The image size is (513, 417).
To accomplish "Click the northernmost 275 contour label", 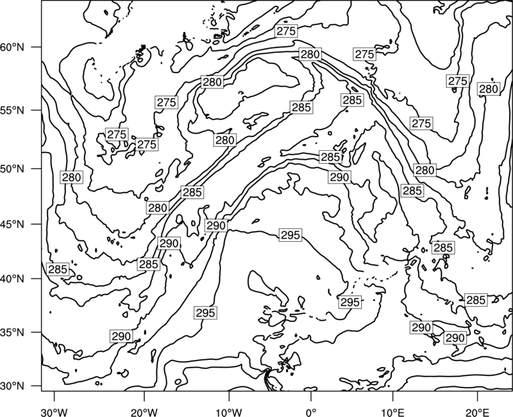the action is (286, 31).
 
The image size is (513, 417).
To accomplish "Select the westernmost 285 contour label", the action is (58, 269).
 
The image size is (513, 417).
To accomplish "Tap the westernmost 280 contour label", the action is (71, 178).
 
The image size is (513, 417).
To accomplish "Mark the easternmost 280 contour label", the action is (489, 89).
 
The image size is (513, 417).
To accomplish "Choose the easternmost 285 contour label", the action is (476, 300).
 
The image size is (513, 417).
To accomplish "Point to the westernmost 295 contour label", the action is (205, 313).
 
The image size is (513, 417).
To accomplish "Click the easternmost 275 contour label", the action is (457, 81).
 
